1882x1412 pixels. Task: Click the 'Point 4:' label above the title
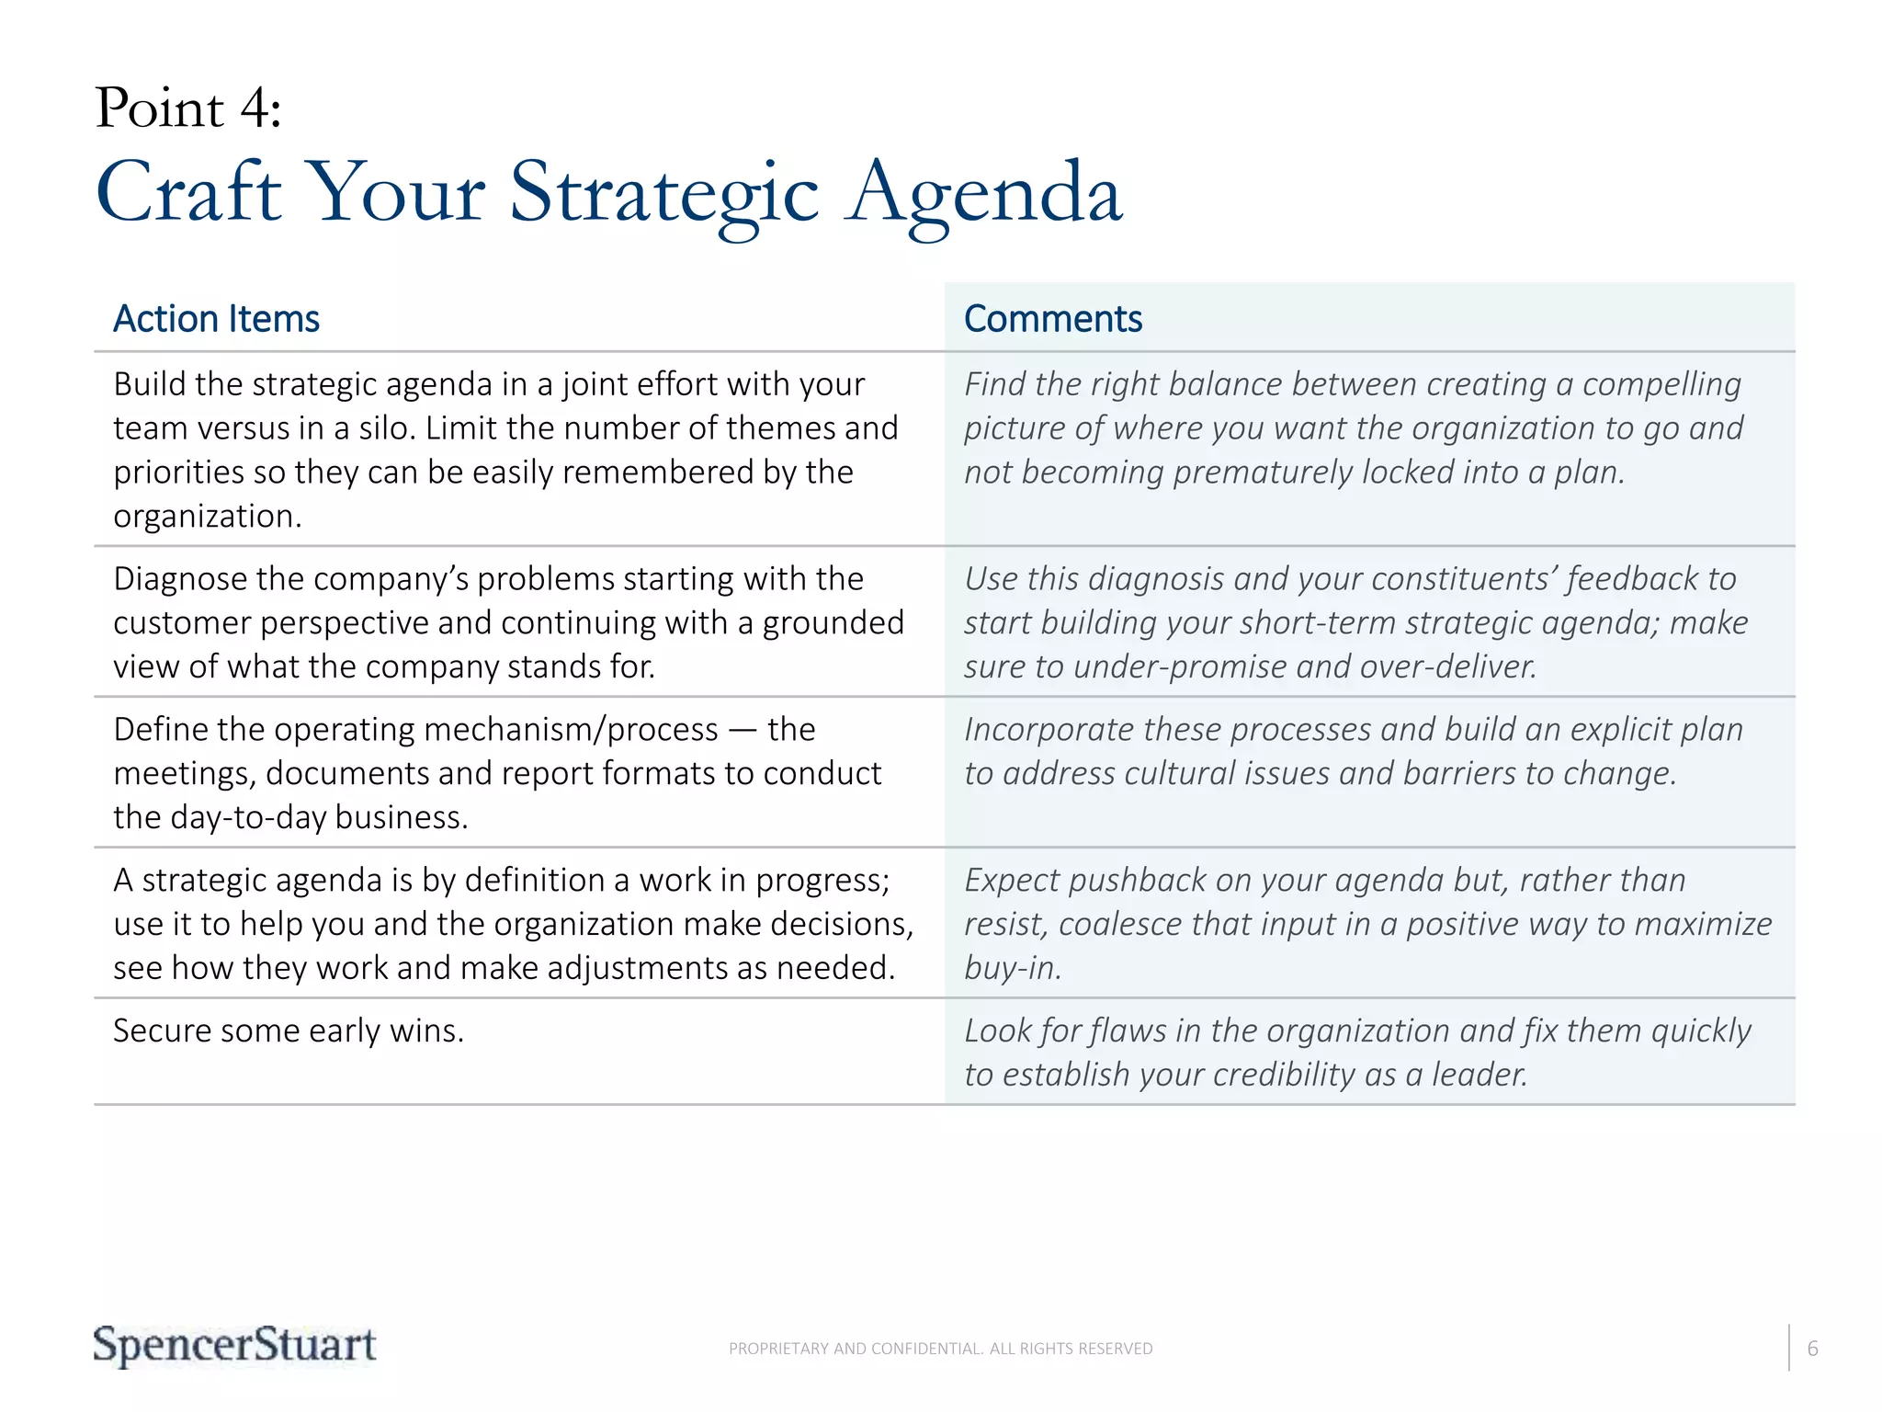pos(188,108)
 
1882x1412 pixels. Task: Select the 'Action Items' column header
pos(216,319)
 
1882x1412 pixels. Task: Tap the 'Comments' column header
pos(1052,319)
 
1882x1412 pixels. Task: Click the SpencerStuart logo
pos(234,1346)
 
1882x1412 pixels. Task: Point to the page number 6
pos(1812,1349)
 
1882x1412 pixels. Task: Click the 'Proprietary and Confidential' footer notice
pos(940,1349)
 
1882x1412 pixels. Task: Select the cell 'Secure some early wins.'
pos(289,1031)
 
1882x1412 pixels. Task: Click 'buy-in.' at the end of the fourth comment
pos(1013,969)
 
